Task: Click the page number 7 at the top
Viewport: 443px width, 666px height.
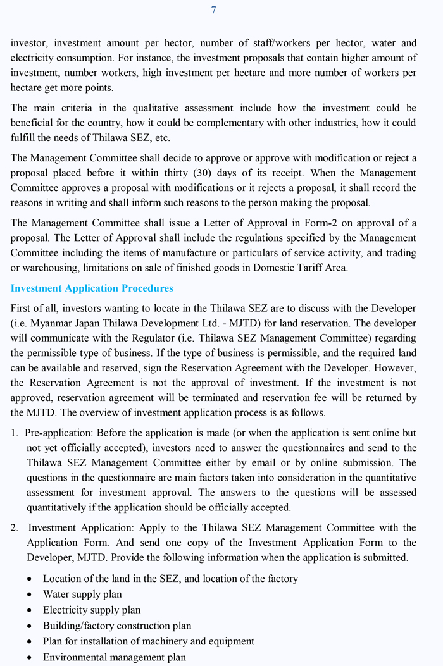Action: click(x=213, y=10)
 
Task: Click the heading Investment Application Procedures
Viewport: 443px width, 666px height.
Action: click(x=92, y=288)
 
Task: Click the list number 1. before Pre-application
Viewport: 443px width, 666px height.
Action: click(x=15, y=433)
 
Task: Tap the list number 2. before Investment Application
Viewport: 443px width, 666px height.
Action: click(x=15, y=527)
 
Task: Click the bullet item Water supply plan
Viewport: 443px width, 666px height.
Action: click(x=82, y=595)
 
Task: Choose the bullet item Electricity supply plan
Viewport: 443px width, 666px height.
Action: click(x=92, y=610)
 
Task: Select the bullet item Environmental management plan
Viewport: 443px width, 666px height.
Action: click(x=115, y=657)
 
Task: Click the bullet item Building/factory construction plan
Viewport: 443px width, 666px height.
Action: click(x=117, y=626)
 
